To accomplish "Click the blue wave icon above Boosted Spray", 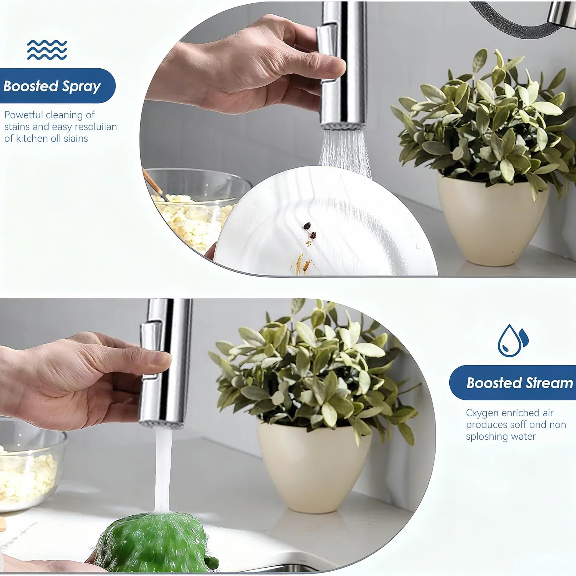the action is [47, 50].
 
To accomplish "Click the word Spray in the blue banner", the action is [81, 86].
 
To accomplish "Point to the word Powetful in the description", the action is [23, 115].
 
